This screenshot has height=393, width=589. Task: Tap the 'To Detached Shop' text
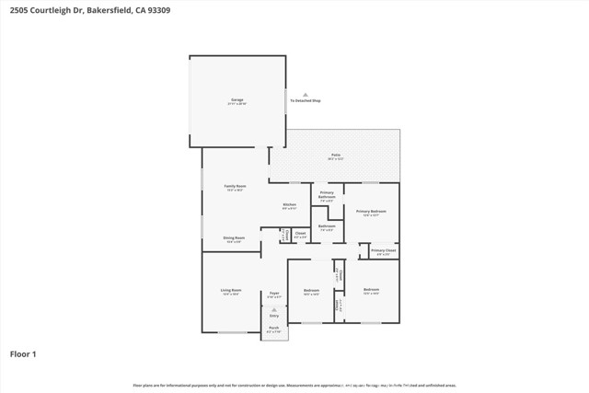click(305, 100)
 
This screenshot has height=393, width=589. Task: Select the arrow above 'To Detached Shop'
click(305, 94)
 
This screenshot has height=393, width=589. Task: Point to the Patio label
click(336, 156)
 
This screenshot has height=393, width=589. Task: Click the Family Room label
click(235, 187)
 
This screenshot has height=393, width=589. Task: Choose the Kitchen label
click(289, 205)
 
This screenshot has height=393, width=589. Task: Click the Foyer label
click(273, 294)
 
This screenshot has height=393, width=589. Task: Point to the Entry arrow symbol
click(273, 309)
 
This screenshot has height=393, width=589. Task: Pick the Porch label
click(273, 329)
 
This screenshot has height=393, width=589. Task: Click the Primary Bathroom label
click(327, 195)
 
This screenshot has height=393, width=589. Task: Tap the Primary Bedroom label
click(371, 212)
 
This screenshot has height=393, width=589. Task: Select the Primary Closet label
click(384, 250)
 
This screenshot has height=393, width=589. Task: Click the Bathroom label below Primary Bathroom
click(326, 226)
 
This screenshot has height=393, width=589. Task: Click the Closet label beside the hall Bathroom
click(300, 234)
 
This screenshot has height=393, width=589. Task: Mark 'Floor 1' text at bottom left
click(23, 353)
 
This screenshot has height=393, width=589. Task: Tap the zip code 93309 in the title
click(156, 10)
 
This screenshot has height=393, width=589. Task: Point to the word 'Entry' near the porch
click(273, 315)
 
